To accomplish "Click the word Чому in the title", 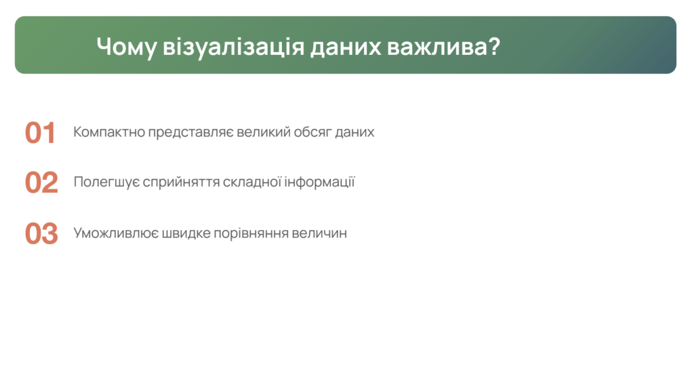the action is [x=126, y=47].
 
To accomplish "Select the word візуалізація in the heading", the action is [x=234, y=47].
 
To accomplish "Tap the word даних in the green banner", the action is [x=346, y=47].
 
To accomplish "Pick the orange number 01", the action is [x=40, y=133].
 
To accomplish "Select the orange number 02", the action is [x=41, y=183].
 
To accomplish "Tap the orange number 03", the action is [x=41, y=233].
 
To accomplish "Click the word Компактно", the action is [x=109, y=132].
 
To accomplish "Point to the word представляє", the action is [x=190, y=132].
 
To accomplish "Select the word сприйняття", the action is [x=181, y=182].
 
